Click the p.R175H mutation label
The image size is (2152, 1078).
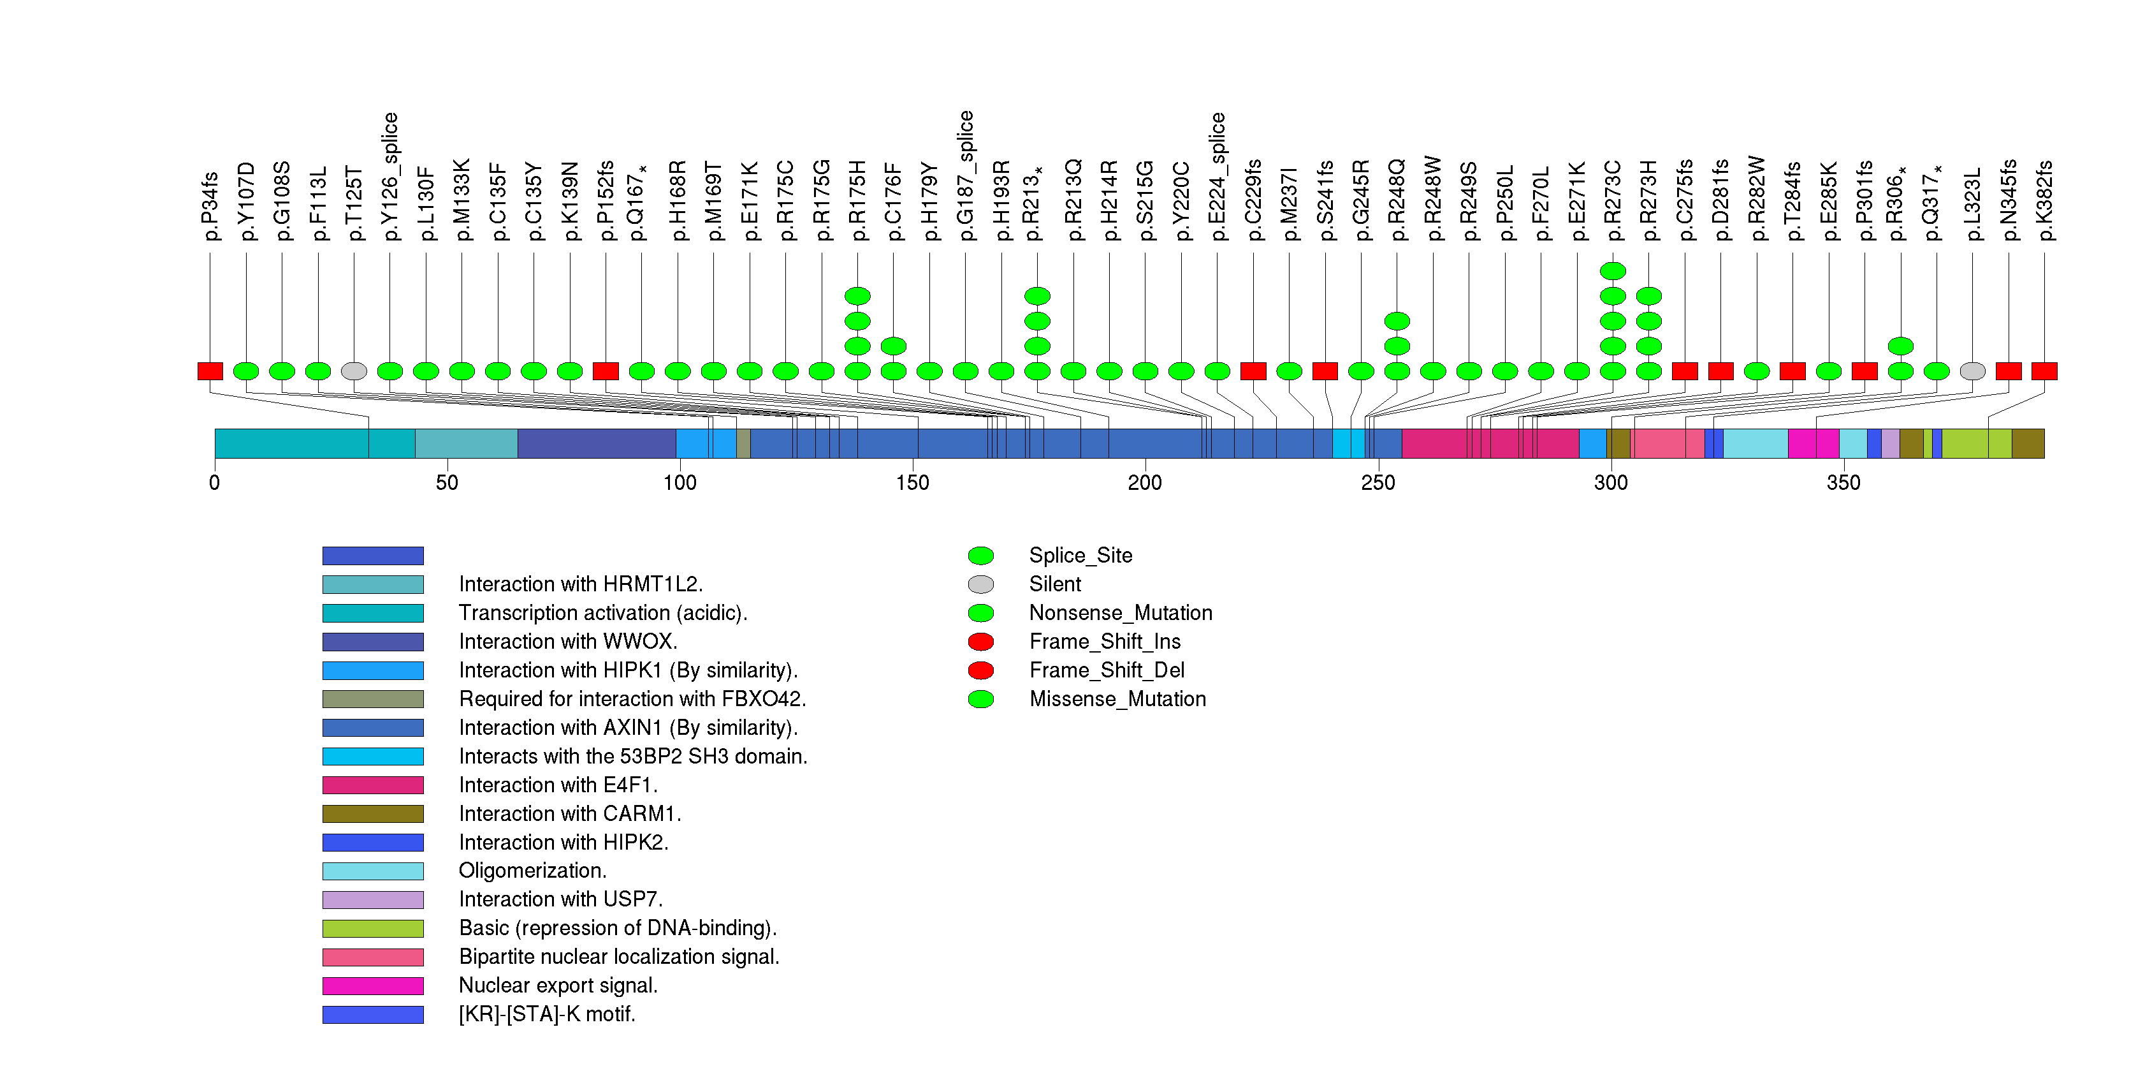(x=857, y=200)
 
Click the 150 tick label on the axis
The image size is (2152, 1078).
(x=912, y=483)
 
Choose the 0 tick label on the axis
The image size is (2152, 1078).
(x=215, y=483)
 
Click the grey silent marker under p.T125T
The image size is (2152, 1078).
(x=354, y=371)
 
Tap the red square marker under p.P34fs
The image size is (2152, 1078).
(x=210, y=371)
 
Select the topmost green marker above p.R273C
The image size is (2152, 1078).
(x=1612, y=270)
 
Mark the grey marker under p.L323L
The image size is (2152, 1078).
(x=1972, y=371)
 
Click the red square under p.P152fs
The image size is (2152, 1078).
(x=606, y=371)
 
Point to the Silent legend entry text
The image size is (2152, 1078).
(x=1054, y=584)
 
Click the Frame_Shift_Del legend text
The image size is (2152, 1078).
(x=1106, y=670)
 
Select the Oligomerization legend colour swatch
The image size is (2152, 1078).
(x=373, y=871)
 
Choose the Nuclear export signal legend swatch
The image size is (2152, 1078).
(x=373, y=986)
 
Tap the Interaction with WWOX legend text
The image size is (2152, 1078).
(x=567, y=642)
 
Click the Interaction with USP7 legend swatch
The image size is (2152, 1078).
(x=373, y=899)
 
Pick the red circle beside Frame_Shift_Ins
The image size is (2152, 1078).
(x=981, y=642)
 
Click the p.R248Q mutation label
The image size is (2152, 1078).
(x=1396, y=200)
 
